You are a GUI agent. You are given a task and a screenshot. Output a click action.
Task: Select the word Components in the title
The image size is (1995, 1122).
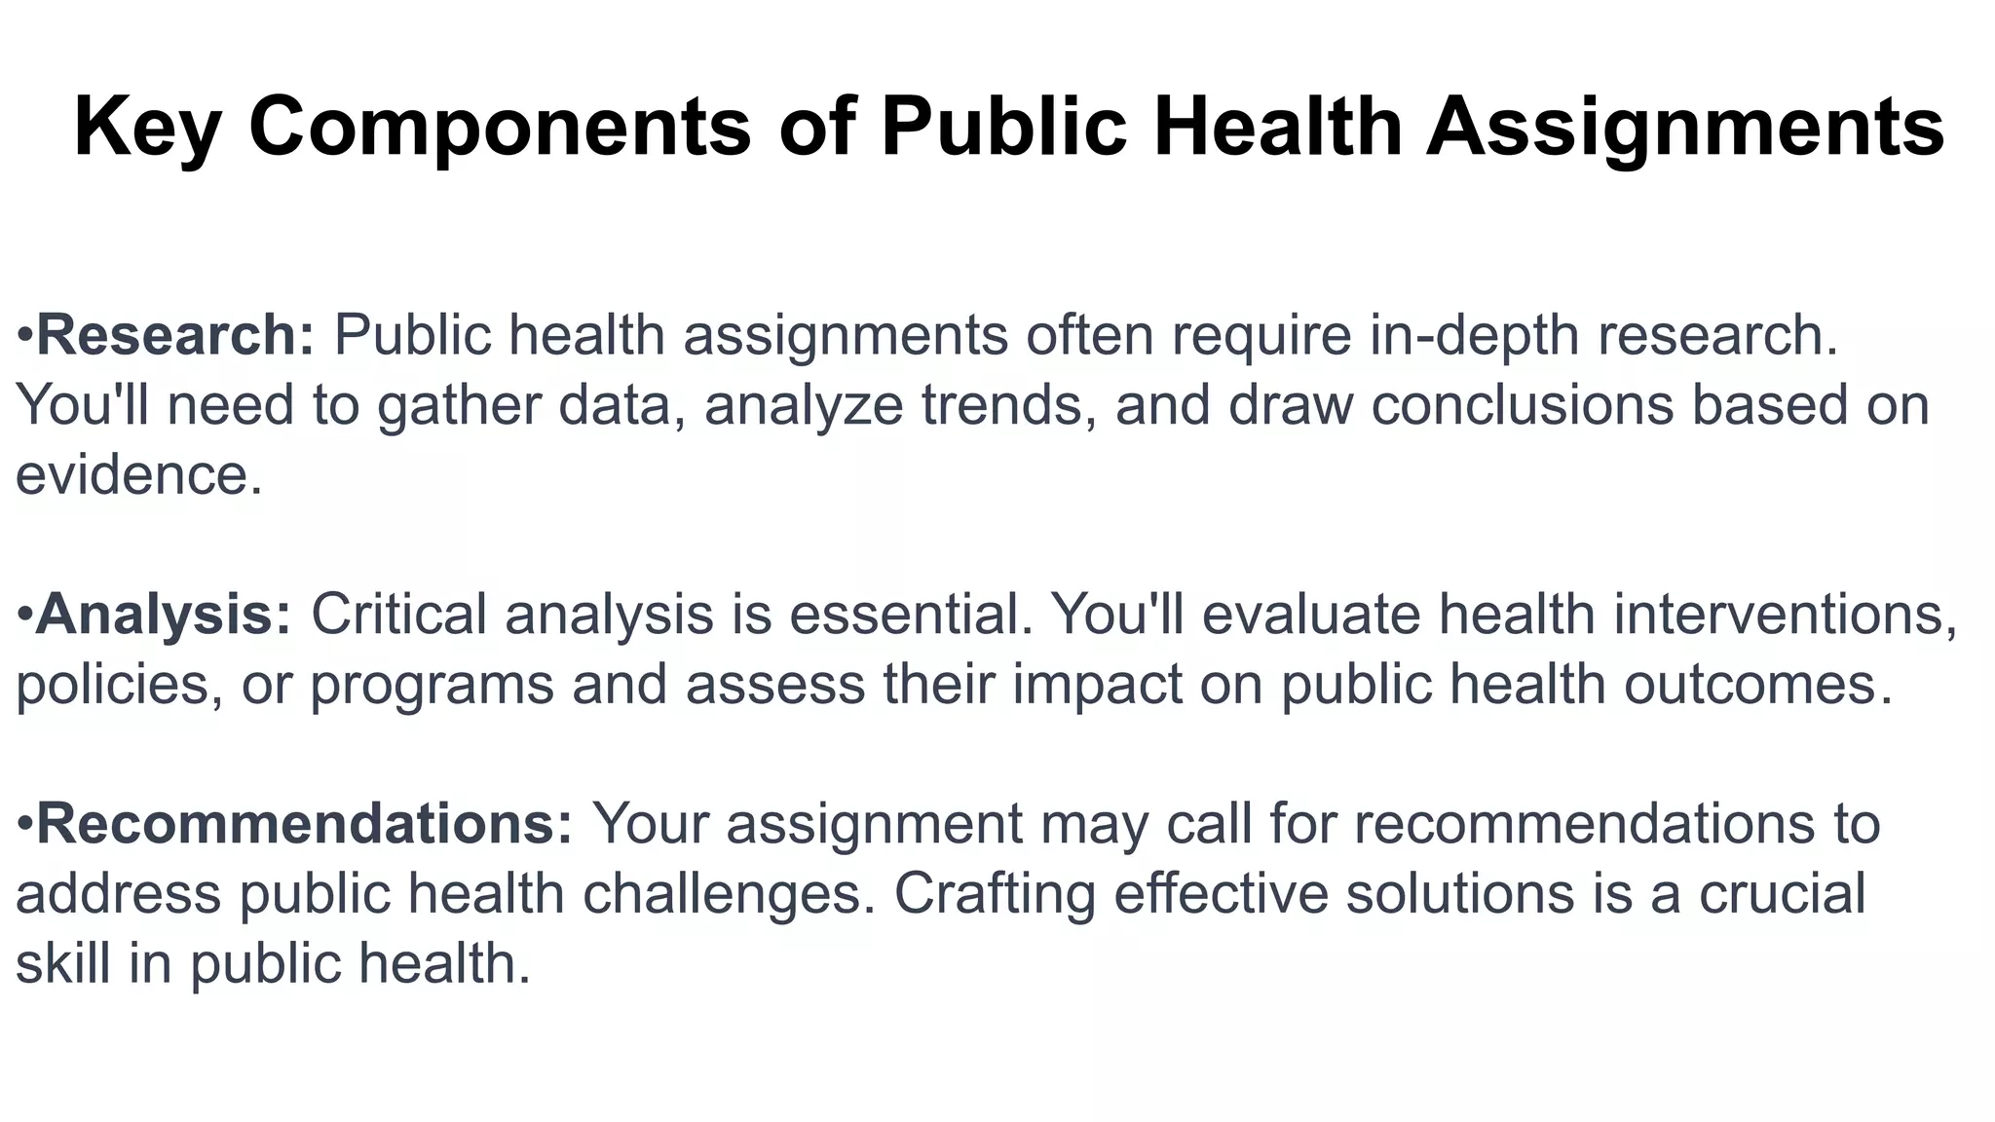click(x=500, y=127)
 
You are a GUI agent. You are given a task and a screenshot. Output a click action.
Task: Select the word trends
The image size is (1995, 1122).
click(x=1002, y=406)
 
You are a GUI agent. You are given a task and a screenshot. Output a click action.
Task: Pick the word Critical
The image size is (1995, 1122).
click(x=398, y=615)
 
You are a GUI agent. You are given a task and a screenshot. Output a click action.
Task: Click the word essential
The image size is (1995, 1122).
click(x=910, y=615)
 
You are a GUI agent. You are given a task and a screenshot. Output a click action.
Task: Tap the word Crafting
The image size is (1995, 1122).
click(x=995, y=894)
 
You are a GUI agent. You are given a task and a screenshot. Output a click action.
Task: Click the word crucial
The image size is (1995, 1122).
click(x=1782, y=894)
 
